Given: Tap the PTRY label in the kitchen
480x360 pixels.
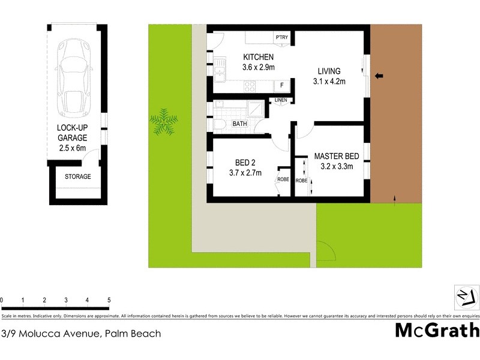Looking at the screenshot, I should pos(282,38).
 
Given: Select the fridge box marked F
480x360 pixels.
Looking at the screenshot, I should pos(282,85).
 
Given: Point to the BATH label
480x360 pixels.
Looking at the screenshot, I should pos(240,124).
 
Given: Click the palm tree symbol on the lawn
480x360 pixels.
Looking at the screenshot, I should pos(164,122).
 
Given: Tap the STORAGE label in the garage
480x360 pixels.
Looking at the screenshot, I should pos(78,176).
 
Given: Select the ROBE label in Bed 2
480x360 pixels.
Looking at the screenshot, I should pos(283,179).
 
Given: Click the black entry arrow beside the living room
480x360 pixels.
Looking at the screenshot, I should pos(379,76).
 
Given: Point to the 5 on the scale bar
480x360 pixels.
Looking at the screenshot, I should pos(109,300).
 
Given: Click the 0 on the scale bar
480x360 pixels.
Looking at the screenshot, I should pos(2,300).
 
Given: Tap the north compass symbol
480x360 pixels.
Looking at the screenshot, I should pos(466,296).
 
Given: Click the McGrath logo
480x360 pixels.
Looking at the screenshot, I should pos(437,331).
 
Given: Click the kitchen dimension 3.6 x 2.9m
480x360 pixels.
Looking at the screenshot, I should pos(259,67).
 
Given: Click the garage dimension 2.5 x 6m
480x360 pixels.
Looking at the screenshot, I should pos(72,147).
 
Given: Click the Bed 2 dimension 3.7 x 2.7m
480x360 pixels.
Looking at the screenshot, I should pos(246,173).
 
